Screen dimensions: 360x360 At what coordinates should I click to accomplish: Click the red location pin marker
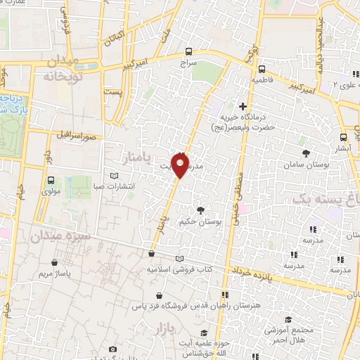181,166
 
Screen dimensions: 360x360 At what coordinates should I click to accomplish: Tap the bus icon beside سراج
188,51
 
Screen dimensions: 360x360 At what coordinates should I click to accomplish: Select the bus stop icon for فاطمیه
262,69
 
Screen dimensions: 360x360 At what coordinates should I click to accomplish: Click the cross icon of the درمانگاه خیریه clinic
243,106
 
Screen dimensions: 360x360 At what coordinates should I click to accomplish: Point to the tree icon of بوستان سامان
306,153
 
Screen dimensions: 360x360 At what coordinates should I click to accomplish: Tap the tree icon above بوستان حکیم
201,210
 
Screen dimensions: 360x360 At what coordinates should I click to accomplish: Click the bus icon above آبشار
342,138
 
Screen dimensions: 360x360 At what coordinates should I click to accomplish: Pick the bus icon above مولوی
51,179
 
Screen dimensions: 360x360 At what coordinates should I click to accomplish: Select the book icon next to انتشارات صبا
115,176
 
